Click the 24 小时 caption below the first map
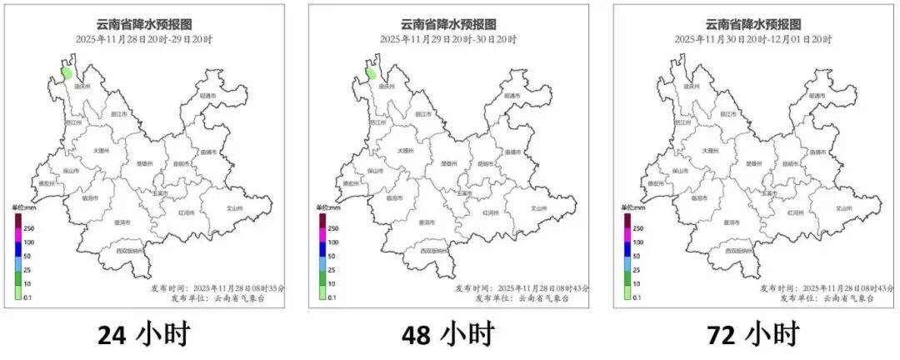point(143,335)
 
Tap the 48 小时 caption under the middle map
point(447,335)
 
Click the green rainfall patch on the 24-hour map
point(67,72)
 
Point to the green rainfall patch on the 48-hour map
point(372,72)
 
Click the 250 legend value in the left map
point(28,227)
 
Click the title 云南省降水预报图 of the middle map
point(447,24)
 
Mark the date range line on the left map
point(143,39)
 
